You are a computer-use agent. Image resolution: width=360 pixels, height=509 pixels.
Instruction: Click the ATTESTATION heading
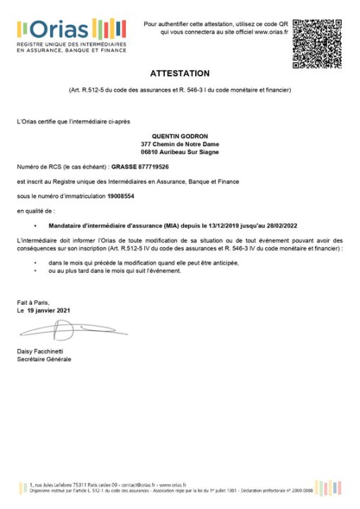[180, 74]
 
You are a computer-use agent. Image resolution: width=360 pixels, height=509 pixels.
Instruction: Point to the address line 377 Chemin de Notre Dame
[180, 144]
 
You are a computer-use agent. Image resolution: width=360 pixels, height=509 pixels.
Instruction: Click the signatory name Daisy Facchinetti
[42, 352]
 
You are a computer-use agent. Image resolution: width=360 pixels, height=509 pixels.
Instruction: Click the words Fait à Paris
[33, 303]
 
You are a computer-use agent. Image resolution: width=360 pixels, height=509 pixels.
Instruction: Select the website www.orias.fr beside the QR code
[270, 32]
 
